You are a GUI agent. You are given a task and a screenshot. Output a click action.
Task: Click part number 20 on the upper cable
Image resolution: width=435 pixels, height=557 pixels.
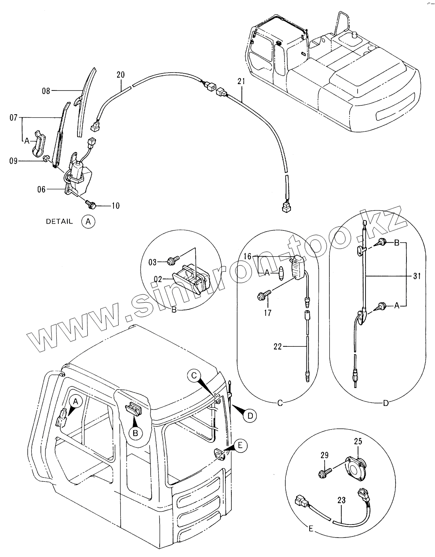click(121, 75)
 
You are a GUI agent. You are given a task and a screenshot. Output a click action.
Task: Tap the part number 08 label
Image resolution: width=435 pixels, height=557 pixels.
click(46, 91)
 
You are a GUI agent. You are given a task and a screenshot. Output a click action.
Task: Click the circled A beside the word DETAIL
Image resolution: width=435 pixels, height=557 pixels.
click(88, 221)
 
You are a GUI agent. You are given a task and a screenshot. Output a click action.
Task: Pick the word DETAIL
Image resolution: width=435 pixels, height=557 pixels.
click(60, 222)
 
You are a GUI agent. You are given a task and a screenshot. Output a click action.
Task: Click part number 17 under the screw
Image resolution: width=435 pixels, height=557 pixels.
click(268, 313)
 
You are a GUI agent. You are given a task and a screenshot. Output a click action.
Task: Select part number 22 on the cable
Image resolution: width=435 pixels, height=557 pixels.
click(277, 346)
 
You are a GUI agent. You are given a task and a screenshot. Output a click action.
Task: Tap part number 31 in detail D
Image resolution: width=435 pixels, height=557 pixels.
click(416, 277)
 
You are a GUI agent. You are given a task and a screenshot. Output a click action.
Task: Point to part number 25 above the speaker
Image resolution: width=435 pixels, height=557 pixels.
click(358, 441)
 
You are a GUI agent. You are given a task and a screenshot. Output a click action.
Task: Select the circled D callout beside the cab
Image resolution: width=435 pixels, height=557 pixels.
click(250, 415)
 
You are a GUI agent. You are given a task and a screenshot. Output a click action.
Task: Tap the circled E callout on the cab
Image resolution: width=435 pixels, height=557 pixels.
click(240, 446)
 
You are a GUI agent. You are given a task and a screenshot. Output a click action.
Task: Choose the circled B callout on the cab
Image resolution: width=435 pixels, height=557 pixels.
click(135, 433)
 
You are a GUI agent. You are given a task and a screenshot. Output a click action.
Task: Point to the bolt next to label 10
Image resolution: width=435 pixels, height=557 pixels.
click(91, 204)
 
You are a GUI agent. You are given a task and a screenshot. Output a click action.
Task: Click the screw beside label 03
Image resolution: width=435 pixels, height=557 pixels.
click(172, 261)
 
